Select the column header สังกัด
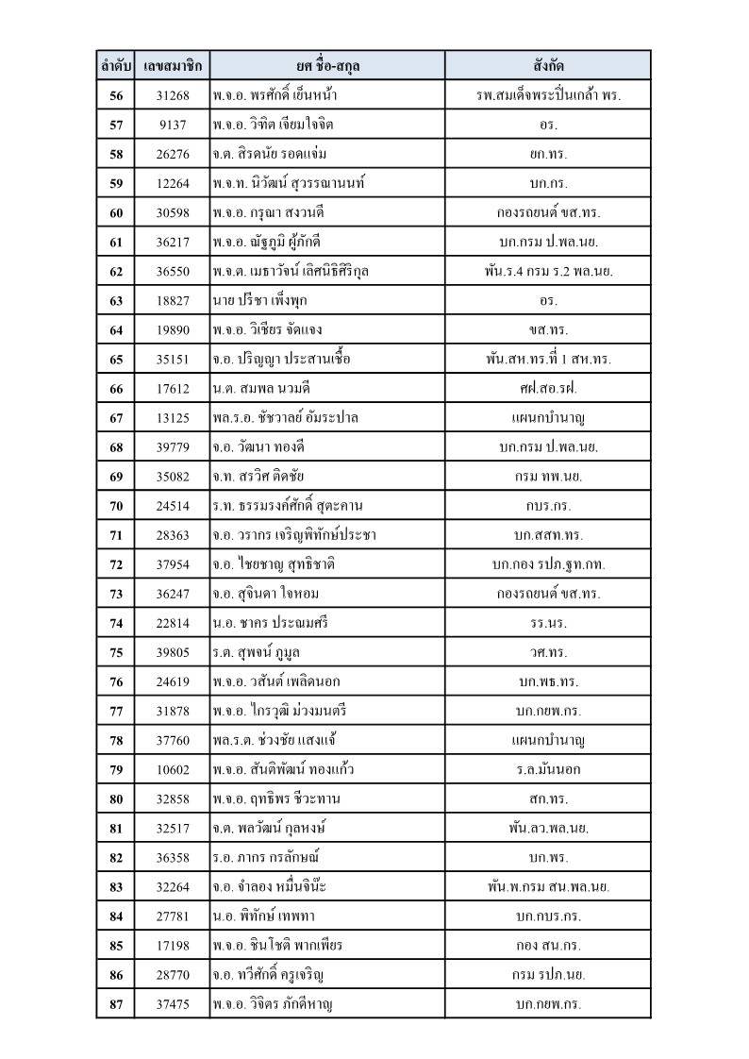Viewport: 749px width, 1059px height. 548,66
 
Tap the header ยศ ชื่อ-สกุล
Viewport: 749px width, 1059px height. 327,66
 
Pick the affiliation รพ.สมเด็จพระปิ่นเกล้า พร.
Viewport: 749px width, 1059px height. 548,95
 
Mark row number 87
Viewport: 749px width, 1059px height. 116,1004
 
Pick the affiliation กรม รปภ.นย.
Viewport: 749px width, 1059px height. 548,975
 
